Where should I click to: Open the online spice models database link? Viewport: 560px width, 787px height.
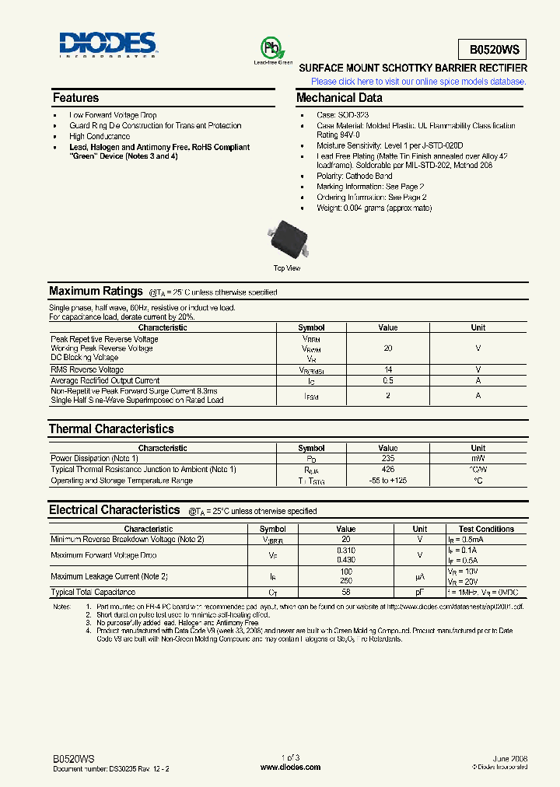(x=418, y=81)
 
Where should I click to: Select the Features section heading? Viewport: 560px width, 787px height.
(x=75, y=98)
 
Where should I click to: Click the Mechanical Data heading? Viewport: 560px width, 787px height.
(x=339, y=98)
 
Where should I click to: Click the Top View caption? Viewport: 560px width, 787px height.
(x=287, y=268)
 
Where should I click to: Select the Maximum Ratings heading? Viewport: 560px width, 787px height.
(x=96, y=292)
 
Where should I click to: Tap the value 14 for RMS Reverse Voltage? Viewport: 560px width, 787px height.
(x=388, y=370)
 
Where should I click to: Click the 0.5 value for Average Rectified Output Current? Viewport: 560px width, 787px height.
(x=388, y=381)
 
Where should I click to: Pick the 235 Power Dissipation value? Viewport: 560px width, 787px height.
(x=388, y=459)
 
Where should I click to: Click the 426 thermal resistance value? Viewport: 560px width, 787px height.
(x=388, y=470)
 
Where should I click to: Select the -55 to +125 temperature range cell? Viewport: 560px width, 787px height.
(x=388, y=481)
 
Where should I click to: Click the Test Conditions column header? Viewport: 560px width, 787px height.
(x=486, y=529)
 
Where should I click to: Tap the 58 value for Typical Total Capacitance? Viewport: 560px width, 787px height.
(x=346, y=593)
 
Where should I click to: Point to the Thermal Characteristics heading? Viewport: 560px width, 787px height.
(x=111, y=429)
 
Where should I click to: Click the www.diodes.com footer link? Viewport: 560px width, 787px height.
(x=290, y=768)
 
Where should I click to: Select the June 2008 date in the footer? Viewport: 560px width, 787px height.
(x=510, y=757)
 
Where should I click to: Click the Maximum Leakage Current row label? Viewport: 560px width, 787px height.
(x=109, y=576)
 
